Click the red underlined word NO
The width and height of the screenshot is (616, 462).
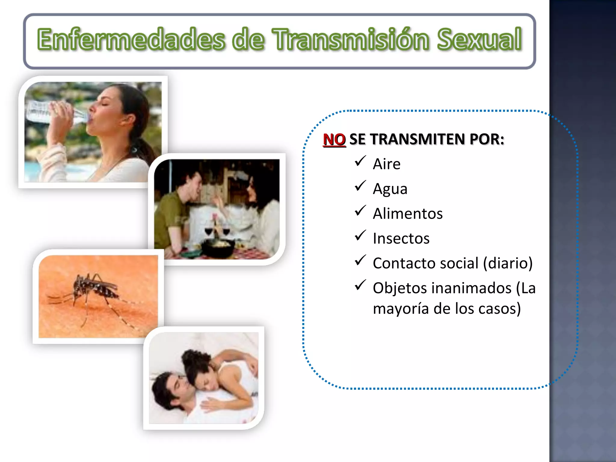[x=334, y=140]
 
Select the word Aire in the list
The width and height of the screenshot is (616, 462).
[x=387, y=164]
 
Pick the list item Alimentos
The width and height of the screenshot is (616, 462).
[x=408, y=214]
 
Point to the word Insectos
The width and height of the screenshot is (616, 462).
[x=401, y=239]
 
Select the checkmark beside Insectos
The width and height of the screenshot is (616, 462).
[x=360, y=236]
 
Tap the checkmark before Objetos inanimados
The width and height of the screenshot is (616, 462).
[x=360, y=285]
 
